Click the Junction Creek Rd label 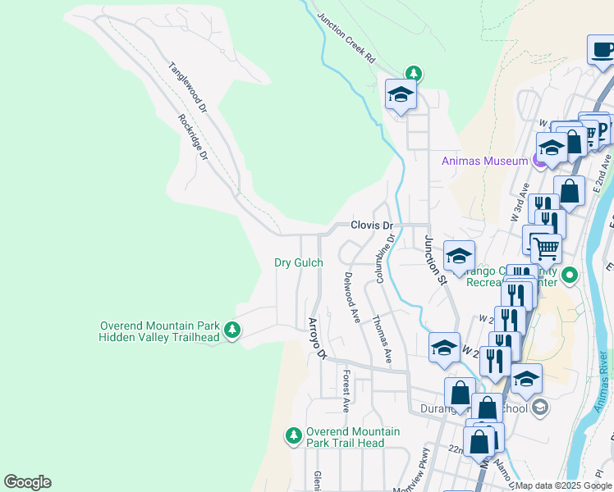coord(346,39)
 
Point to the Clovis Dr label coord(372,225)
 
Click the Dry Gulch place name coord(298,262)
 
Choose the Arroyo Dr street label coord(317,339)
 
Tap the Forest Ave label coord(347,390)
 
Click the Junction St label coord(434,260)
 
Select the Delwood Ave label coord(352,297)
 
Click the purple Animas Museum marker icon coord(539,160)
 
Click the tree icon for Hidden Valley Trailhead coord(233,330)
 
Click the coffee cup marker coord(603,50)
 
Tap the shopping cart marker coord(546,247)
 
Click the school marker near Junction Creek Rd coord(400,95)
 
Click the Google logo coord(27,482)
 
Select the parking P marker coord(602,130)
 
